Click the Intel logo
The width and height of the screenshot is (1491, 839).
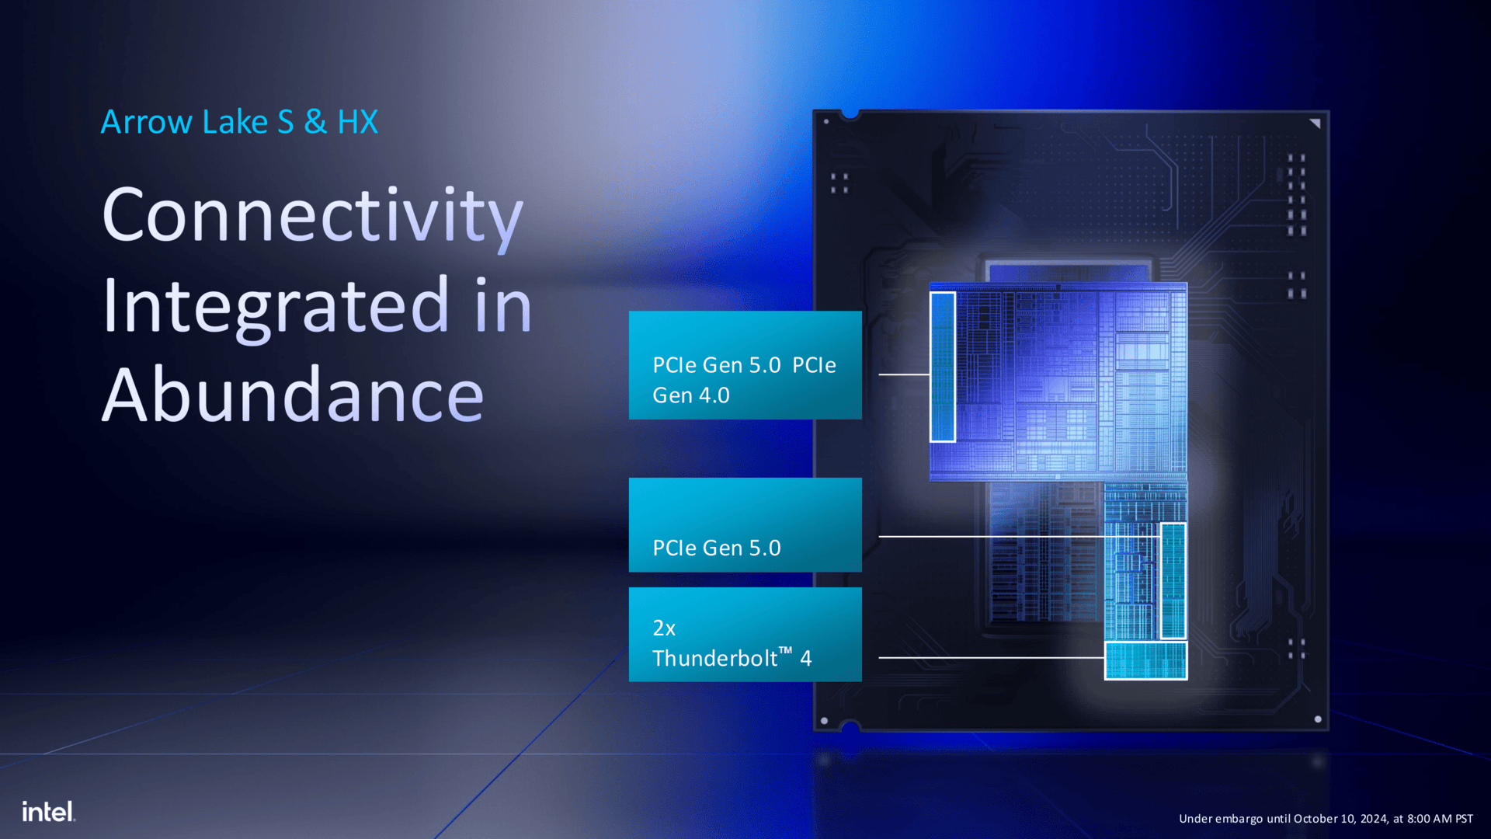[49, 812]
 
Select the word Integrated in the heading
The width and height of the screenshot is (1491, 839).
[276, 308]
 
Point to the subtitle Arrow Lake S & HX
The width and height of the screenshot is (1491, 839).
[239, 122]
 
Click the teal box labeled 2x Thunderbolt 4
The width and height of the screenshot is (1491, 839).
[745, 635]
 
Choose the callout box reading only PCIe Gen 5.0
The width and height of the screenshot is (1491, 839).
[745, 525]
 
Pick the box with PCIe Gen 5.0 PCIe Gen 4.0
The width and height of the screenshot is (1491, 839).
[745, 365]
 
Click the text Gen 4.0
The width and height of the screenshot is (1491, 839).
[691, 395]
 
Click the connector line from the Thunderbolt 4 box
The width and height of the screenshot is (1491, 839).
[992, 658]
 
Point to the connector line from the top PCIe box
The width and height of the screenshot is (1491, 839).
[905, 374]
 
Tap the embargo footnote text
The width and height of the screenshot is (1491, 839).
[1326, 819]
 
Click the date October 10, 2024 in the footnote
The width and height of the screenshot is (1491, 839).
[1341, 819]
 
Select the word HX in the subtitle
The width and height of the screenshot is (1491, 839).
[358, 122]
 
